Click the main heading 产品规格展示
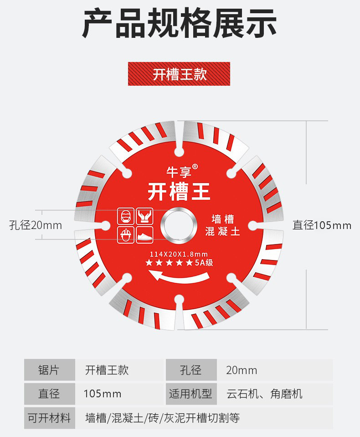180,24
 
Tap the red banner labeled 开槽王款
179,74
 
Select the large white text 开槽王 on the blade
179,192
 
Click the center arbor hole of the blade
180,225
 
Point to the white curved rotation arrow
179,276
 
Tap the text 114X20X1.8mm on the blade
179,254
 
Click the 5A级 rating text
204,263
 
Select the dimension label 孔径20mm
36,225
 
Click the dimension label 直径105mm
322,225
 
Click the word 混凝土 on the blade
222,232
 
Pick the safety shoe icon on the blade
144,235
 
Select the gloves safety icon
144,216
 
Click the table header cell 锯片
49,370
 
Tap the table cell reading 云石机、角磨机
264,394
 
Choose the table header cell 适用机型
190,394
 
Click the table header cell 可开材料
49,418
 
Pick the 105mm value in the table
103,394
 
